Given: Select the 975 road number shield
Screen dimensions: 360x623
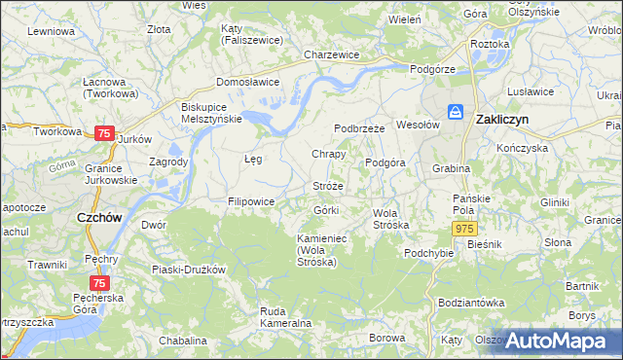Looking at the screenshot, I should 463,227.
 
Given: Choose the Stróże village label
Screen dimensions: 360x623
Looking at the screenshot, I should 328,185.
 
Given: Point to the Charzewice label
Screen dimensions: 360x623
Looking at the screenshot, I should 332,55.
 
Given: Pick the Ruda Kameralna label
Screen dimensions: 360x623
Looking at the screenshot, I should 285,316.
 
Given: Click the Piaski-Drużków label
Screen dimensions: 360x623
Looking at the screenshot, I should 189,269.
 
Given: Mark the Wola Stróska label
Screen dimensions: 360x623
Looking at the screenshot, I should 391,219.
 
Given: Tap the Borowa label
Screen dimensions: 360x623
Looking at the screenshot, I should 386,338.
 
